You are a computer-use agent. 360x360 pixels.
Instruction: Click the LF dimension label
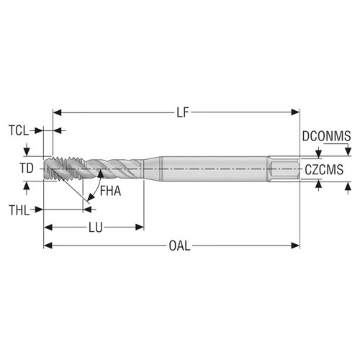[183, 112]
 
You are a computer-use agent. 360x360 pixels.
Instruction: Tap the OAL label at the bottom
[179, 246]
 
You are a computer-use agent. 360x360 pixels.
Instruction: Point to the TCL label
[19, 131]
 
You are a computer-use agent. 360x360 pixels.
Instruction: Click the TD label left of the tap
[26, 168]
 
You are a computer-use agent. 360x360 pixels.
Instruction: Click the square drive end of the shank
[284, 168]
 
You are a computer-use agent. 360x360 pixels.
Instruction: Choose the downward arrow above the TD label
[27, 151]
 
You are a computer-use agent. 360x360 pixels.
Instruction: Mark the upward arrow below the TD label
[27, 185]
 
